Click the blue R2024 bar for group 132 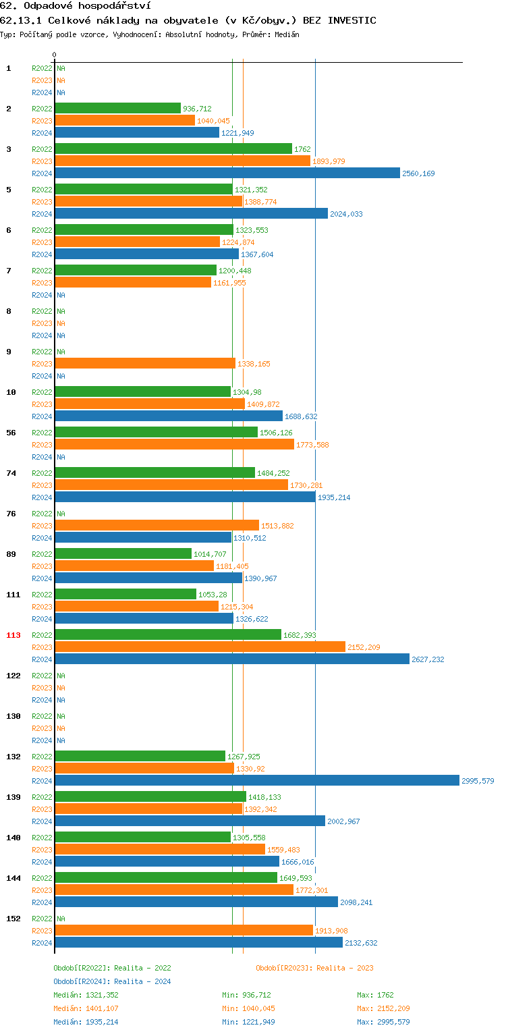point(256,780)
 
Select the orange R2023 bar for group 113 point(200,647)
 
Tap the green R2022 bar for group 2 point(117,108)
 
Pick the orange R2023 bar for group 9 point(144,363)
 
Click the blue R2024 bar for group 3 point(227,173)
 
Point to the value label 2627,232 point(428,659)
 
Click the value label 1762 point(302,149)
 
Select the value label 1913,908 point(331,931)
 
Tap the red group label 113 point(13,635)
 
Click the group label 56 point(11,433)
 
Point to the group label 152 point(13,919)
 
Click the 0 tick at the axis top point(55,55)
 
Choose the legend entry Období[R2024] point(82,981)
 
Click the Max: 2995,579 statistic point(383,1022)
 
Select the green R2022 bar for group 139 point(150,796)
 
